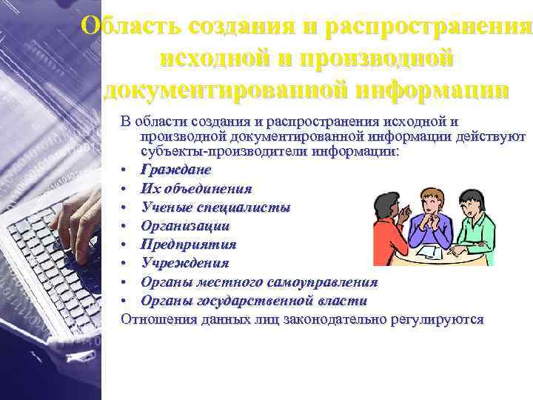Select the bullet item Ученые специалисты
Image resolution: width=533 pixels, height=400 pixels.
click(x=215, y=207)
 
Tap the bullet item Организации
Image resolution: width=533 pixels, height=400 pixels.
click(x=185, y=225)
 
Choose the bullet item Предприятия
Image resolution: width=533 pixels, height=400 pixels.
click(x=188, y=244)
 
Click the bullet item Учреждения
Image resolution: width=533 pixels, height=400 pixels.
click(x=184, y=263)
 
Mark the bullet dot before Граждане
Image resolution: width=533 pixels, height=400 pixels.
click(x=127, y=170)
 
